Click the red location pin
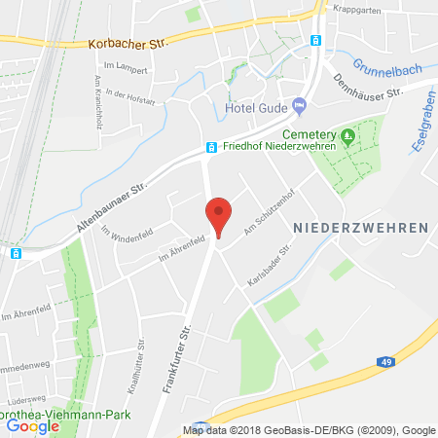click(x=219, y=213)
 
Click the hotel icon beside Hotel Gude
click(x=299, y=105)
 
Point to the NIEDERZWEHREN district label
click(x=360, y=227)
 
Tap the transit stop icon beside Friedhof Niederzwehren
click(x=210, y=148)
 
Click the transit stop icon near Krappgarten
click(x=314, y=40)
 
